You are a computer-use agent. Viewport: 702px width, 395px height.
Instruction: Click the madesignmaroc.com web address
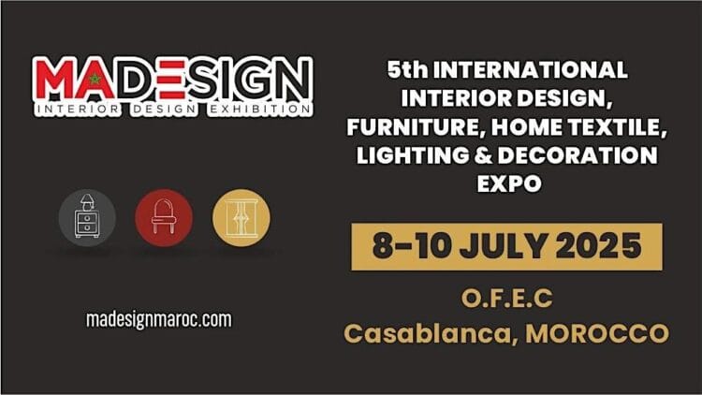pos(158,319)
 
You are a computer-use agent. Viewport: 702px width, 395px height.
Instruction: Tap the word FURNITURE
pos(418,126)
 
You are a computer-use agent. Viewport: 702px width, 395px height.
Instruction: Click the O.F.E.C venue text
pos(506,299)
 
